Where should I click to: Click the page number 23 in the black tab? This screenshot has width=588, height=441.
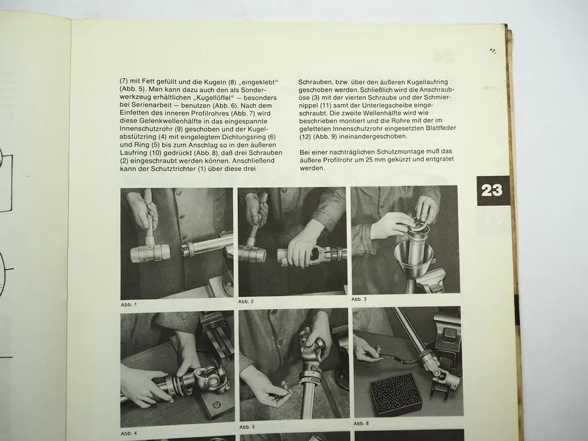[492, 191]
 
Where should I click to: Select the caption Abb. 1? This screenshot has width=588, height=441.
[129, 304]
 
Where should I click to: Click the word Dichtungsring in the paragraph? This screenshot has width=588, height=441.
[231, 138]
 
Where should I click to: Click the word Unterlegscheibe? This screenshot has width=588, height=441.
[409, 106]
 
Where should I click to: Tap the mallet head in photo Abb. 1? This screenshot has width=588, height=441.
[150, 253]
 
